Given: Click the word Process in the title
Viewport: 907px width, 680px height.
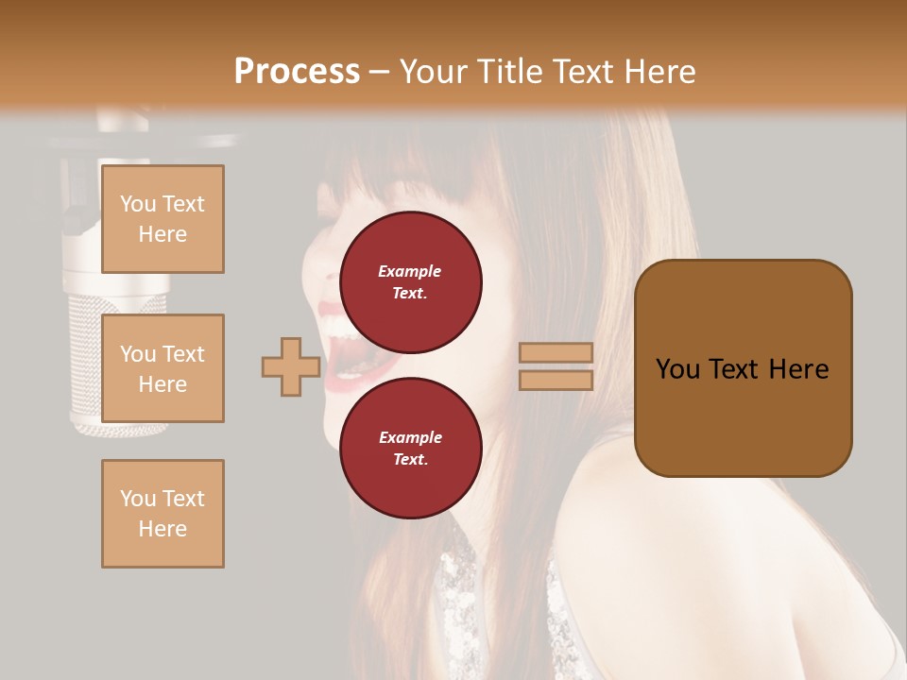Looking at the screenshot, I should click(x=297, y=72).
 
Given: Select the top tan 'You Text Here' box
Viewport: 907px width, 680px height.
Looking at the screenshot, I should click(x=163, y=219).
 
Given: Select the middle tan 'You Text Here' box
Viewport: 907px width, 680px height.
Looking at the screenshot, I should click(x=163, y=368).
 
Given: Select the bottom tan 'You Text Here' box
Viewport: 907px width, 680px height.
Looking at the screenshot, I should click(x=163, y=513).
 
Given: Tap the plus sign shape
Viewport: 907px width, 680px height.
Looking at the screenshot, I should click(x=291, y=366).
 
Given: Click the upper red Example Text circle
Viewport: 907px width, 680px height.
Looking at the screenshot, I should click(x=410, y=281).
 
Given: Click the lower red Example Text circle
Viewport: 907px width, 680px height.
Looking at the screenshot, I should click(x=410, y=448).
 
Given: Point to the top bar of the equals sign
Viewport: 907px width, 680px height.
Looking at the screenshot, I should click(x=556, y=352).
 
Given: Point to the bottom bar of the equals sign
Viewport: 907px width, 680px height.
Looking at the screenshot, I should click(x=556, y=380).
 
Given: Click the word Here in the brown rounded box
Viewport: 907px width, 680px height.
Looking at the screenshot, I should click(x=798, y=369).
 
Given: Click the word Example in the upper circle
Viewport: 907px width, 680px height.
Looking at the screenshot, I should click(x=410, y=271).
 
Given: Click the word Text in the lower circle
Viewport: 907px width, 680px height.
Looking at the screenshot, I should click(x=410, y=459).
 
